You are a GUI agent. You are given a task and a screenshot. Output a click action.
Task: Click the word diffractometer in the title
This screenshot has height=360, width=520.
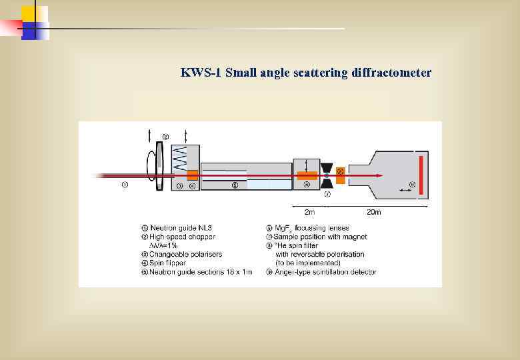coord(391,73)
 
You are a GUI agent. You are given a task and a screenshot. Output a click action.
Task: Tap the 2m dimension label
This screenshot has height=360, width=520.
coord(309,213)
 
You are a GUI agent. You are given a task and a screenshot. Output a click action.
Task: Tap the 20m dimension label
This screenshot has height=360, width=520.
coord(374,213)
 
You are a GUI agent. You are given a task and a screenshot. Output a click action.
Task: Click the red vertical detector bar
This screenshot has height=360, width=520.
coord(421,175)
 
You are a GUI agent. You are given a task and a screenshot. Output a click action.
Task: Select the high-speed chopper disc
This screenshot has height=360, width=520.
coord(159,167)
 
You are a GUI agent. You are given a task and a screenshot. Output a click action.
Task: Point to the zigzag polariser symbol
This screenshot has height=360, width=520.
coord(179,159)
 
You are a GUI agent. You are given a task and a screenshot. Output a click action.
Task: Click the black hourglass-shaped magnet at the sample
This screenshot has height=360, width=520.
coord(327,175)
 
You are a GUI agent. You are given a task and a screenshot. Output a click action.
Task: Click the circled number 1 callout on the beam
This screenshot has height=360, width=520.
coord(125,185)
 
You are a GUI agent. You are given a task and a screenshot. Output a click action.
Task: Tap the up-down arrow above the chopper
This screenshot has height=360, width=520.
coord(149,136)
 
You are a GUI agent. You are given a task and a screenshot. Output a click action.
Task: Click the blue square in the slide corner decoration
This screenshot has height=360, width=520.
coord(30,30)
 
